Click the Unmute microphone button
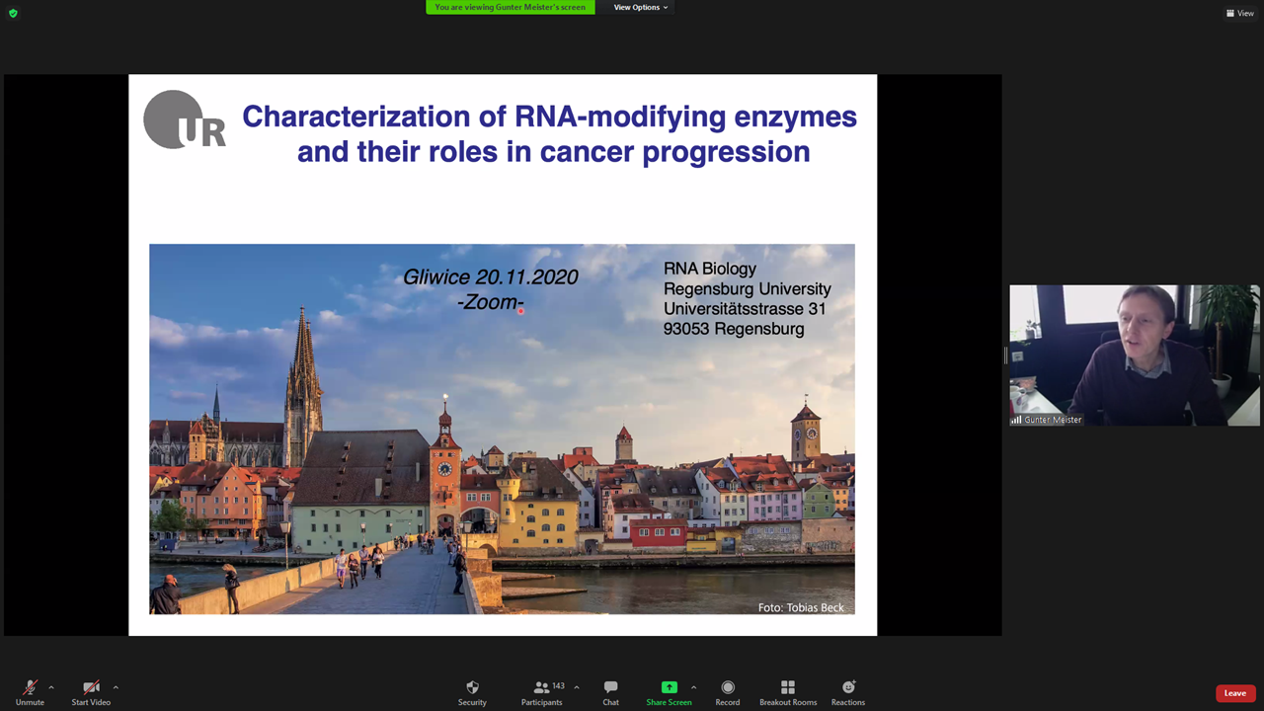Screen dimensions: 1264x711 30,692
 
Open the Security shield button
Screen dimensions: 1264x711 472,692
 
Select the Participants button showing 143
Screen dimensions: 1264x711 542,692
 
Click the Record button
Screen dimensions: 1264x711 728,692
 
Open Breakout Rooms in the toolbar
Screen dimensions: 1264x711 788,692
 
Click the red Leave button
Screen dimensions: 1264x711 1235,693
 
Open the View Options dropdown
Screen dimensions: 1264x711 641,7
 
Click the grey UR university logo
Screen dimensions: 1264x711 185,119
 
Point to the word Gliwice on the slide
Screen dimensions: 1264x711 436,277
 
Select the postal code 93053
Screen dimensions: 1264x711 685,329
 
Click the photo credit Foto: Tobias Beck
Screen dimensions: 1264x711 801,607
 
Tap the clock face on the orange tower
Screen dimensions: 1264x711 444,469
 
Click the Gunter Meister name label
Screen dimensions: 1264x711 1053,420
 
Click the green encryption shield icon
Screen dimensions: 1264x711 14,13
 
